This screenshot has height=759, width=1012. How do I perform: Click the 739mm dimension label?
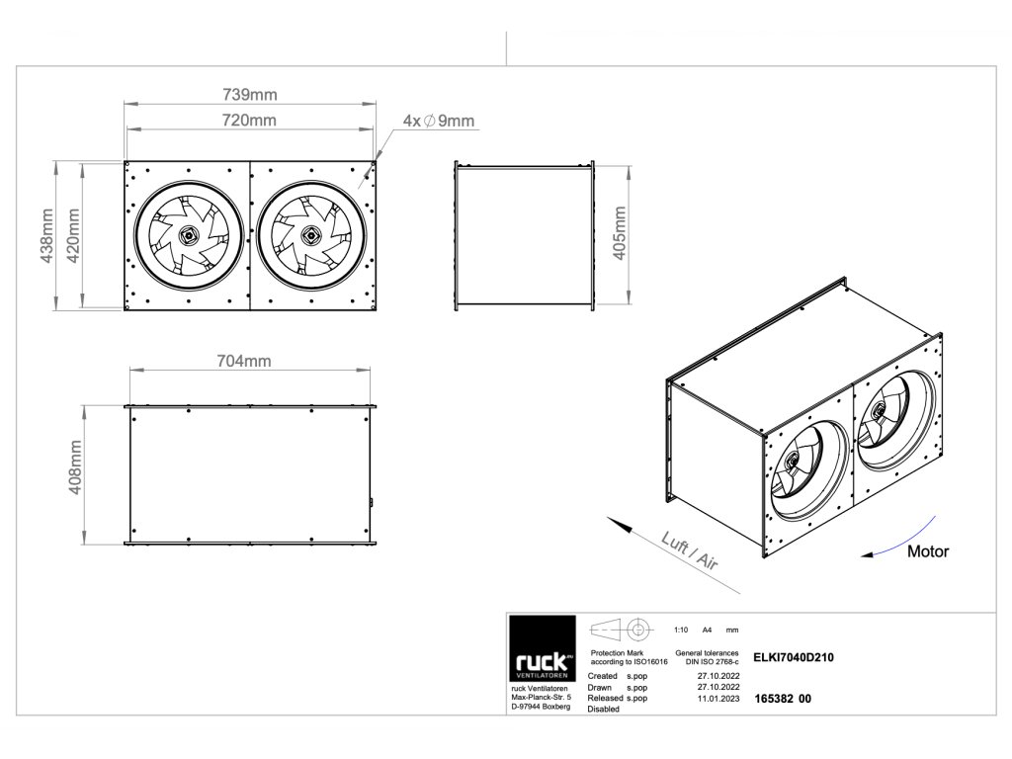pyautogui.click(x=250, y=94)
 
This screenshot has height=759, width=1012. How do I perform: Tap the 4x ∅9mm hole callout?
pyautogui.click(x=439, y=121)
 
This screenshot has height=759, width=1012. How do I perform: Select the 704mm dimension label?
pyautogui.click(x=243, y=361)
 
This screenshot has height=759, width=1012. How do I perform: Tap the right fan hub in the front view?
pyautogui.click(x=310, y=235)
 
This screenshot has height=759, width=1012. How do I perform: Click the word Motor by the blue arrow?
pyautogui.click(x=927, y=551)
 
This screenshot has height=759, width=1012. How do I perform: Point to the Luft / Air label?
pyautogui.click(x=689, y=549)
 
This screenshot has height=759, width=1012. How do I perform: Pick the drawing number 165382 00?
pyautogui.click(x=782, y=698)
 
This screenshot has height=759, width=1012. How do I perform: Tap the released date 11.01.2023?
pyautogui.click(x=718, y=698)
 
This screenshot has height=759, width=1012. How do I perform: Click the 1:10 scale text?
pyautogui.click(x=680, y=630)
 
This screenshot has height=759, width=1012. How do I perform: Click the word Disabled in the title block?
pyautogui.click(x=604, y=709)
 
